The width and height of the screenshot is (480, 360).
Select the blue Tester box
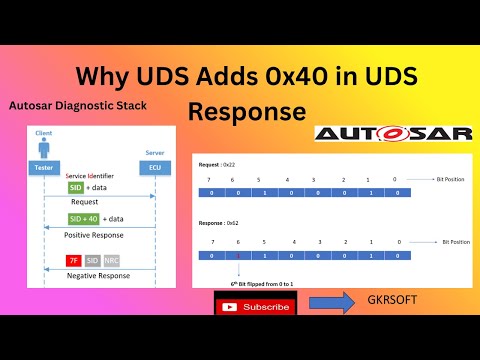(44, 168)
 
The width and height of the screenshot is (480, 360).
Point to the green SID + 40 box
(85, 218)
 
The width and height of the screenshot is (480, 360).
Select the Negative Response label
(98, 276)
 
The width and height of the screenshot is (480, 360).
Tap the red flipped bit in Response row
(238, 257)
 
